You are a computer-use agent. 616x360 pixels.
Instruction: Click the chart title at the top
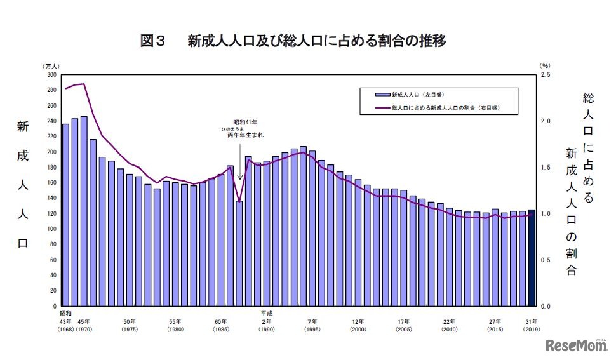click(x=293, y=41)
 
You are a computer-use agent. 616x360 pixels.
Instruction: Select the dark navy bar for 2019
click(x=532, y=257)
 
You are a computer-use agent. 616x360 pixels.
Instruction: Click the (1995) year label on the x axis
click(x=312, y=330)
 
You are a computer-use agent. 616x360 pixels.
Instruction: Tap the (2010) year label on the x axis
click(x=450, y=330)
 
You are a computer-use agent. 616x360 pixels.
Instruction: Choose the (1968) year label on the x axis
click(x=66, y=330)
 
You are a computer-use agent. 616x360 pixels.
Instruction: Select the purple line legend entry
click(x=438, y=108)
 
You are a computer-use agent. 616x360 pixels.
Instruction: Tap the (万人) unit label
click(x=52, y=66)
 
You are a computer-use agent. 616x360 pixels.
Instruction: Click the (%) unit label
click(x=544, y=66)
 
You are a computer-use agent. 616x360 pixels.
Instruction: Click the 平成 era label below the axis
click(x=266, y=314)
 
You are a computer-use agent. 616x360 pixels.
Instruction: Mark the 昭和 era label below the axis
click(x=66, y=314)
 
